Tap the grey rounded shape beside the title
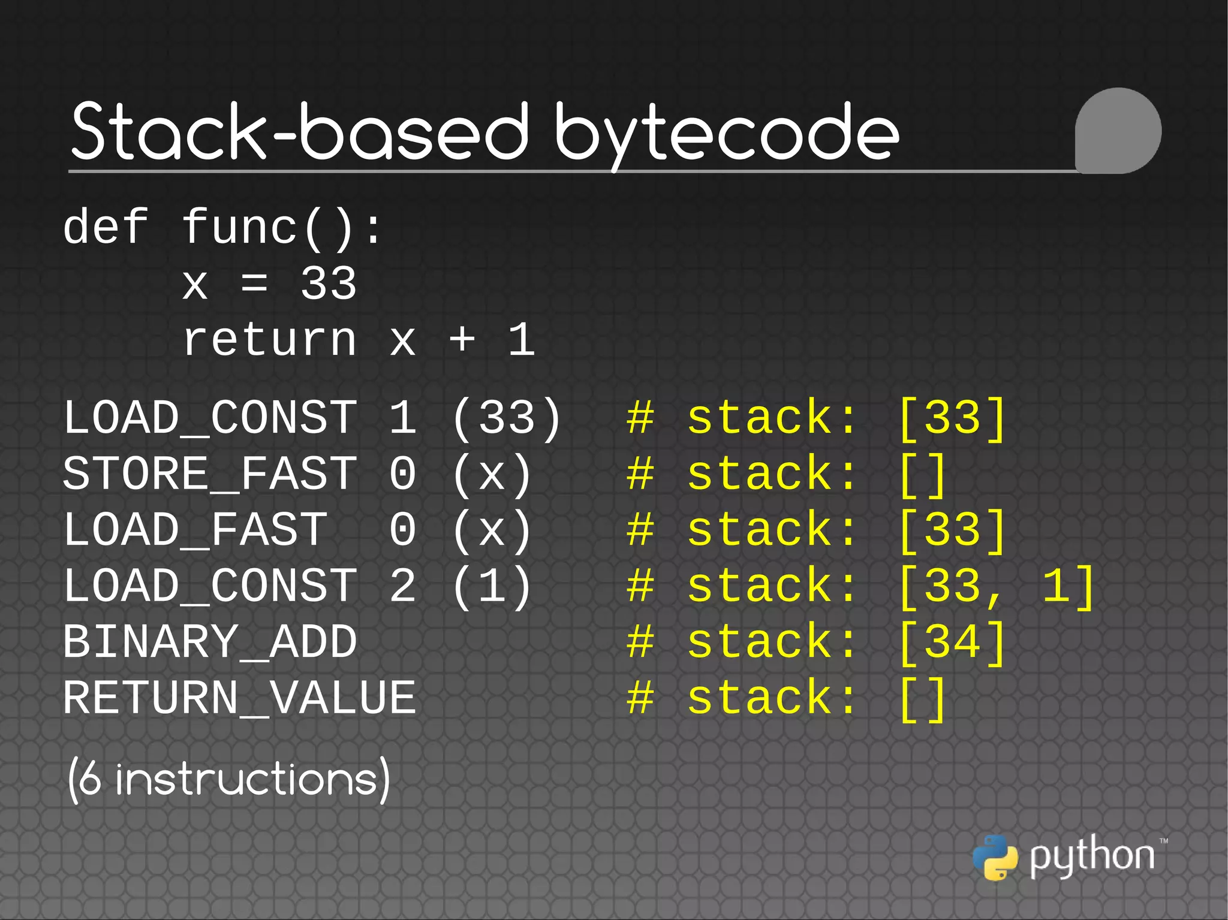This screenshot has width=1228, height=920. (1118, 131)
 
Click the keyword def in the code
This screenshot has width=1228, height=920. (106, 227)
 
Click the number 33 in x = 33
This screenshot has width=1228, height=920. (329, 283)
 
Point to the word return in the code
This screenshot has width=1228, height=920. (270, 340)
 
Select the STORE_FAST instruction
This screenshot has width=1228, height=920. (210, 473)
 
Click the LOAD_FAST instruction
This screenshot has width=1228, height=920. (195, 530)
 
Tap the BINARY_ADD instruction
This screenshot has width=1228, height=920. (210, 642)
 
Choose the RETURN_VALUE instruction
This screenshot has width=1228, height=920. (239, 698)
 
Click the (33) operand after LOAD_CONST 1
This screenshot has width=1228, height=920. (507, 418)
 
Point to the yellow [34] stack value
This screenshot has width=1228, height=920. (952, 642)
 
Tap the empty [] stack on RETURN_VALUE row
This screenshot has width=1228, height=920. (922, 698)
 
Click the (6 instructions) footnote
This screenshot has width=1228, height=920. (228, 779)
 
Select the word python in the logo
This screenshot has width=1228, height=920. (1091, 856)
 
